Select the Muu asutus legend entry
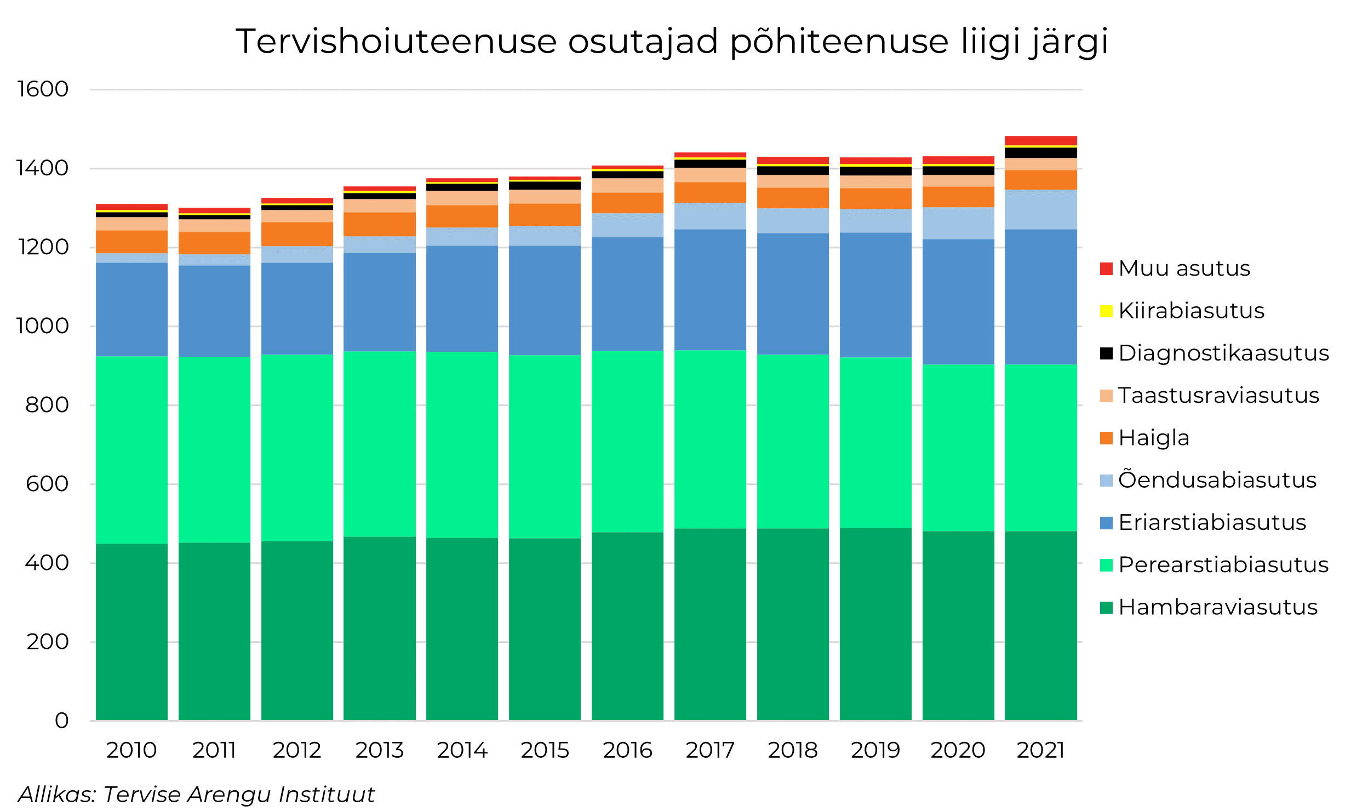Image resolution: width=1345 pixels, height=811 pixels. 1183,269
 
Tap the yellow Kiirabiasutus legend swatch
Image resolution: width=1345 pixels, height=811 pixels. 1106,311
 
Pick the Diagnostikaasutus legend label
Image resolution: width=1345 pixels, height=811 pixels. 1223,353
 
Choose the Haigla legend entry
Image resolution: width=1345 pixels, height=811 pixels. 1153,438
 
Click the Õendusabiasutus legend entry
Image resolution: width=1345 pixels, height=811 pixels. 1217,480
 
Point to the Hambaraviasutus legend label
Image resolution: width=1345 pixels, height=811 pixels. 1217,607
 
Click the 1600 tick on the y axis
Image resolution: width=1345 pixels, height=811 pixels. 43,89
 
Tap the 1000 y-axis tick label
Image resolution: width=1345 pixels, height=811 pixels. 43,326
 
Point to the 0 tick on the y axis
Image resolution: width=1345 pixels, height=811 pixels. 61,721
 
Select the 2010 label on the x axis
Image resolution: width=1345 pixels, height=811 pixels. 131,750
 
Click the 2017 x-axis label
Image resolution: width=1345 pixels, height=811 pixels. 710,750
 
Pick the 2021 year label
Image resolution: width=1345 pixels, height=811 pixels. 1040,750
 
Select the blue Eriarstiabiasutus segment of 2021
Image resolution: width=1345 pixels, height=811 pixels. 1040,296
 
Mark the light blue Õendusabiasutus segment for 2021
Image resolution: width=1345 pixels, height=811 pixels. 1040,209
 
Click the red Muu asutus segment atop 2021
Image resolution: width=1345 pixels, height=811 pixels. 1040,140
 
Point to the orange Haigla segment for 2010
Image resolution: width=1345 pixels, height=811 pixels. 131,242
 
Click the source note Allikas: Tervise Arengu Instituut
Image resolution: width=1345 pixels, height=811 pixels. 196,795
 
